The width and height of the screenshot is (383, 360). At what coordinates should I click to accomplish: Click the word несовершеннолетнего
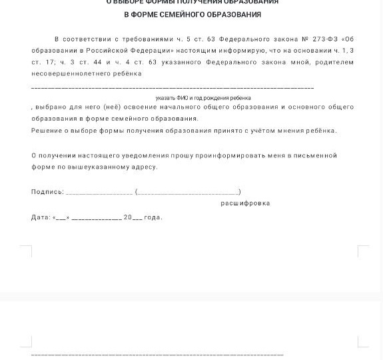[62, 73]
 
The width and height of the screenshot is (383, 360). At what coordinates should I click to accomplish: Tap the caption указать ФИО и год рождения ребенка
[194, 98]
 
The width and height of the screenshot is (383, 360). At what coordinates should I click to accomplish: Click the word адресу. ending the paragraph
[144, 167]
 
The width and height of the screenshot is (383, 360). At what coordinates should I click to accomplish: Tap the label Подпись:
[47, 192]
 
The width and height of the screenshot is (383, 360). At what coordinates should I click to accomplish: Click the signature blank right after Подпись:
[99, 193]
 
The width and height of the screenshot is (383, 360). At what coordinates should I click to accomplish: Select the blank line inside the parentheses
[188, 193]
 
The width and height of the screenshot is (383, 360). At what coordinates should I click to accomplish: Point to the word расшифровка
[245, 203]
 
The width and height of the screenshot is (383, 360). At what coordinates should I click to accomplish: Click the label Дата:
[41, 217]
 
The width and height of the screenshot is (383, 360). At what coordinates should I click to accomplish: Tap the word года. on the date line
[153, 217]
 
